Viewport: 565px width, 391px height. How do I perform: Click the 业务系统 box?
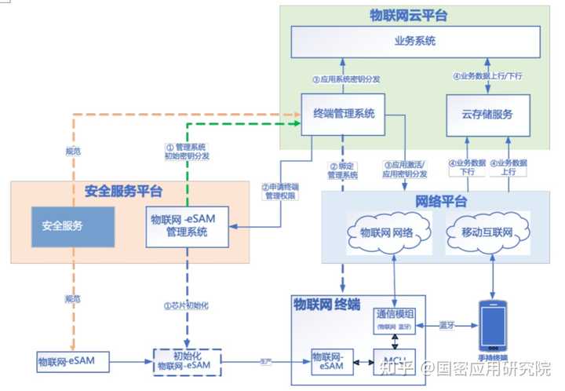tap(415, 40)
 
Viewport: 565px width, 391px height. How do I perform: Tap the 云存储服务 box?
tap(487, 114)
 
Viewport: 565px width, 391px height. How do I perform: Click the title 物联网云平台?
tap(409, 15)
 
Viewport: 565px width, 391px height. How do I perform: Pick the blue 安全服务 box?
tap(62, 226)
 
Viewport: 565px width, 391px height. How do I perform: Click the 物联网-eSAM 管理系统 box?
tap(188, 225)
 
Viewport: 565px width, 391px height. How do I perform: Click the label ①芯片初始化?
tap(187, 305)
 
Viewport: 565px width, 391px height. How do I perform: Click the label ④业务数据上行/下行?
tap(487, 77)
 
